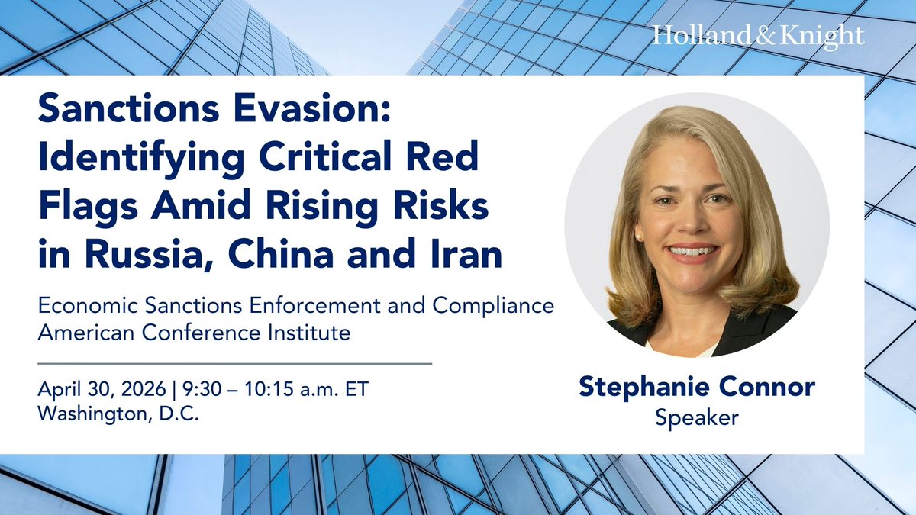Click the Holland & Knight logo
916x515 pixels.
tap(758, 36)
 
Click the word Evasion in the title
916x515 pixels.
tap(299, 115)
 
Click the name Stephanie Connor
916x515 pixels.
tap(696, 387)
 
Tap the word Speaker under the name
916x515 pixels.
tap(696, 417)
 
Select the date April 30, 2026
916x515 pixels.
tap(102, 389)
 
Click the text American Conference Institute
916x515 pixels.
tap(194, 333)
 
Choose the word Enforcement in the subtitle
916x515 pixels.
tap(285, 307)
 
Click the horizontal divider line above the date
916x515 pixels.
tap(234, 363)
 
